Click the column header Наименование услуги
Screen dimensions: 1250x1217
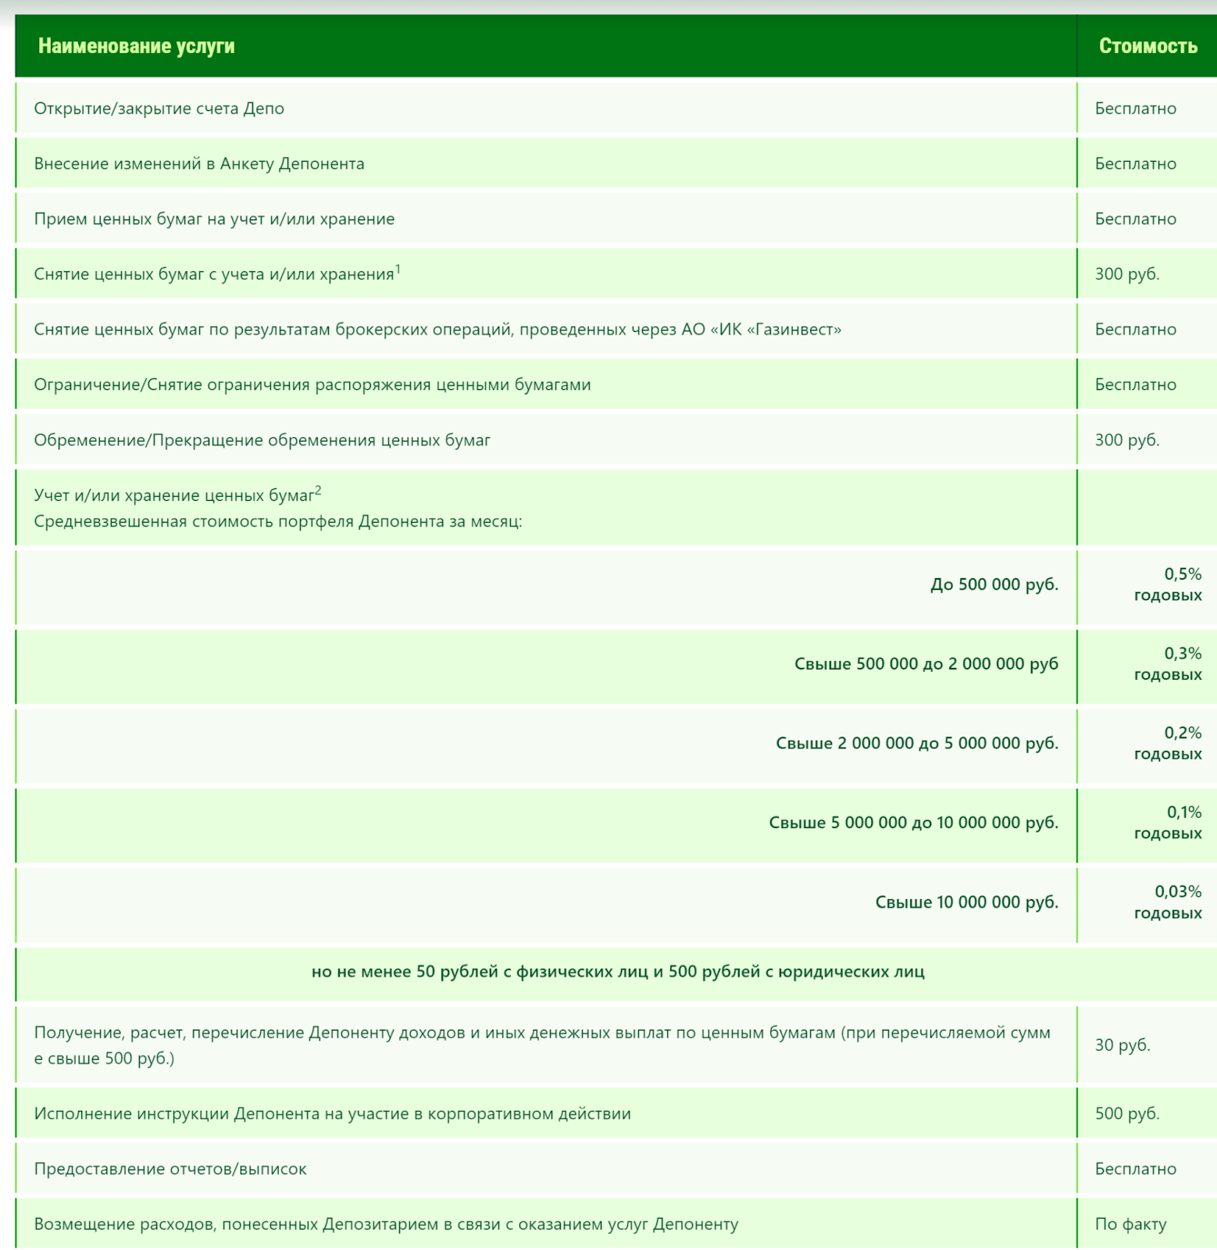click(x=136, y=46)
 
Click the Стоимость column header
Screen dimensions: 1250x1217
click(x=1147, y=46)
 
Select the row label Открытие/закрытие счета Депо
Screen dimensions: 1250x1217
click(x=159, y=109)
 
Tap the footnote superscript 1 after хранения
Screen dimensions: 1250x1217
click(x=398, y=269)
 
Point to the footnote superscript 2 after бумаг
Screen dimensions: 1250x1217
click(x=318, y=491)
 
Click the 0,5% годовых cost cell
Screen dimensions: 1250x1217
click(x=1168, y=584)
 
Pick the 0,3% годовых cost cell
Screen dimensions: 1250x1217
click(x=1168, y=664)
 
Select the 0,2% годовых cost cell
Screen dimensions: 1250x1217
click(x=1168, y=743)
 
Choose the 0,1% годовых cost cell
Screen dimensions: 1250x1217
click(x=1168, y=823)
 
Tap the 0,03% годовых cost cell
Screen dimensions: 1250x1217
click(x=1168, y=902)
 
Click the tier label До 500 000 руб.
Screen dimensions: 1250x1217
click(x=994, y=584)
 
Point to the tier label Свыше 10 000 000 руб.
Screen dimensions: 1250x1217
click(x=966, y=902)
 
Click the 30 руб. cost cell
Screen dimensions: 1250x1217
click(x=1122, y=1045)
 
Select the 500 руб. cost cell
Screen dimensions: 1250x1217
click(x=1127, y=1113)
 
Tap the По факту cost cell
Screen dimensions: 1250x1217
click(x=1130, y=1224)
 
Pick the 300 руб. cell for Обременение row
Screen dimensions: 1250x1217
click(x=1127, y=440)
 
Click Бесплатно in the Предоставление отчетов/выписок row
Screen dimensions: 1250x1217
click(x=1135, y=1169)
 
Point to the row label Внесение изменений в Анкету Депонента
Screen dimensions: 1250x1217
click(x=199, y=164)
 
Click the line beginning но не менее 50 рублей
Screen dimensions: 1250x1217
click(x=617, y=972)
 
